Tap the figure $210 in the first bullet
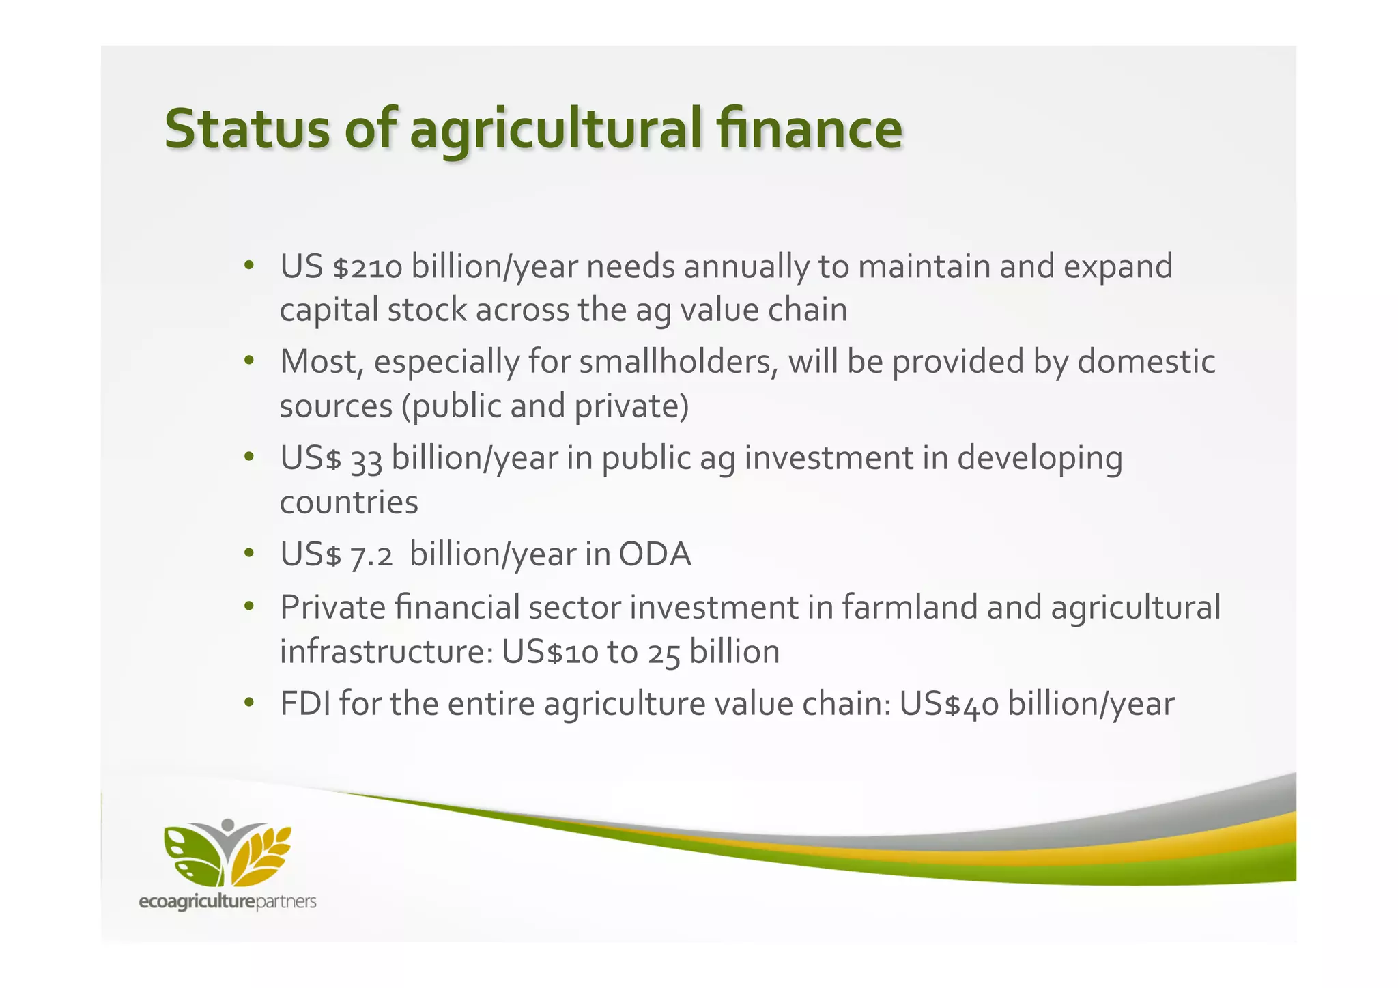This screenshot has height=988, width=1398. click(x=367, y=267)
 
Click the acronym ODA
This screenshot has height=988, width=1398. click(x=655, y=554)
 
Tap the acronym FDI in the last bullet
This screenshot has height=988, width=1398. click(x=305, y=703)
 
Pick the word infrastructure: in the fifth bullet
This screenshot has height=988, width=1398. click(x=386, y=652)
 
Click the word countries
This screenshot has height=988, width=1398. click(x=349, y=503)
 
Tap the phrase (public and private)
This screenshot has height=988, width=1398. click(x=545, y=406)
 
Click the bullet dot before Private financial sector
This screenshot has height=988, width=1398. click(x=249, y=607)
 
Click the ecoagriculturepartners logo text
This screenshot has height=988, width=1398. click(x=227, y=902)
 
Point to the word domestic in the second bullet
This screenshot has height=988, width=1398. click(x=1146, y=361)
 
